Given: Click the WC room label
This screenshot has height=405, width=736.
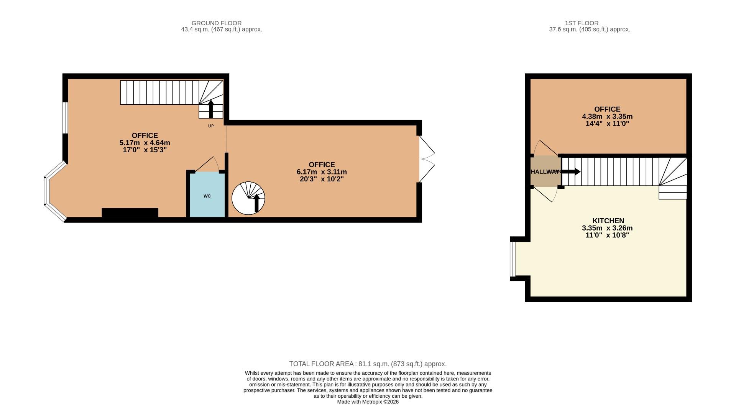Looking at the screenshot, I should point(207,196).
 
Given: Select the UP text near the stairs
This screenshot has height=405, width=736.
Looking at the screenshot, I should point(211,126).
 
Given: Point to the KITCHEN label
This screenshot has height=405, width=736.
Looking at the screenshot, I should point(608,221).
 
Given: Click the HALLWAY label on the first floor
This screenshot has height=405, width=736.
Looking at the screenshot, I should point(545,171).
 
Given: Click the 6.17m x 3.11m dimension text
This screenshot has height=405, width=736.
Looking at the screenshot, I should point(322,172).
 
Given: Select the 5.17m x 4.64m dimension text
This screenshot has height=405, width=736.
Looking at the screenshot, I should point(145,143).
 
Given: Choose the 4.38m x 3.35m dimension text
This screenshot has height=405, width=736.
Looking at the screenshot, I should point(607,116).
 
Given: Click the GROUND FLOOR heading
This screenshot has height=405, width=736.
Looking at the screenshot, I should point(217,23).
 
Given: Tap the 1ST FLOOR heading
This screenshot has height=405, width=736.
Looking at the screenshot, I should point(582,23).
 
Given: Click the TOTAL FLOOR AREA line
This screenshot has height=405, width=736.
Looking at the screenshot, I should point(368,364).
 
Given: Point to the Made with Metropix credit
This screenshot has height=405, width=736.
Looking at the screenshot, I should point(368,402).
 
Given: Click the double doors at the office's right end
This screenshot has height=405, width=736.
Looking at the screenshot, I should point(426,159).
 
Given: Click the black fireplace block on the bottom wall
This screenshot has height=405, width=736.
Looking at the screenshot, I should point(130,212).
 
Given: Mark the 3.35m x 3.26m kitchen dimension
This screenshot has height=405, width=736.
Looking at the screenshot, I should point(607,228).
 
